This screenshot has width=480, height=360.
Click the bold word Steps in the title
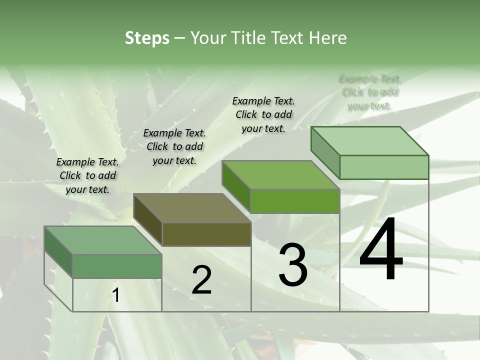click(147, 38)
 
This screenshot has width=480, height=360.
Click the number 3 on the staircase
click(293, 265)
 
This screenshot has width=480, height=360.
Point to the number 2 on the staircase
click(202, 280)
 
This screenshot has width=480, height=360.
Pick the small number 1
click(116, 295)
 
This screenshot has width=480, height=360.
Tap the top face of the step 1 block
click(103, 240)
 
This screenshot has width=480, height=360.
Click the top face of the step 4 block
click(369, 141)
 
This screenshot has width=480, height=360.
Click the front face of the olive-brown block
click(206, 234)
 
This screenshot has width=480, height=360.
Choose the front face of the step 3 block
click(295, 201)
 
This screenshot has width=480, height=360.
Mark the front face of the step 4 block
click(384, 167)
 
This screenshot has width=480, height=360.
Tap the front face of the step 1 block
click(117, 266)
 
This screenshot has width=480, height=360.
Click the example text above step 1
click(87, 175)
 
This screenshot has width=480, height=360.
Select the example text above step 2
click(174, 146)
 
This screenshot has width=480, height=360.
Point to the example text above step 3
click(263, 114)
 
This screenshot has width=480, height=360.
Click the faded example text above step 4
click(369, 92)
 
